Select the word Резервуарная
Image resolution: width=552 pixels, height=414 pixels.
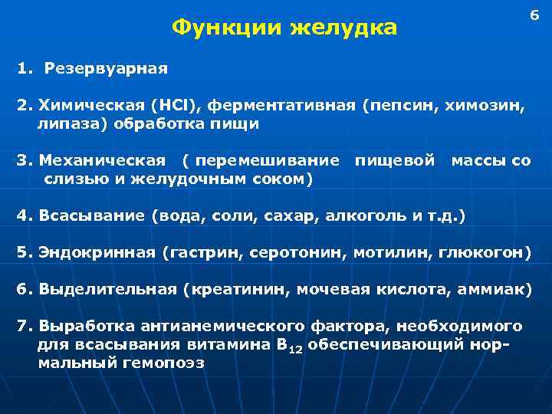click(106, 68)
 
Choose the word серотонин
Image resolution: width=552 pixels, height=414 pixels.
click(288, 251)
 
